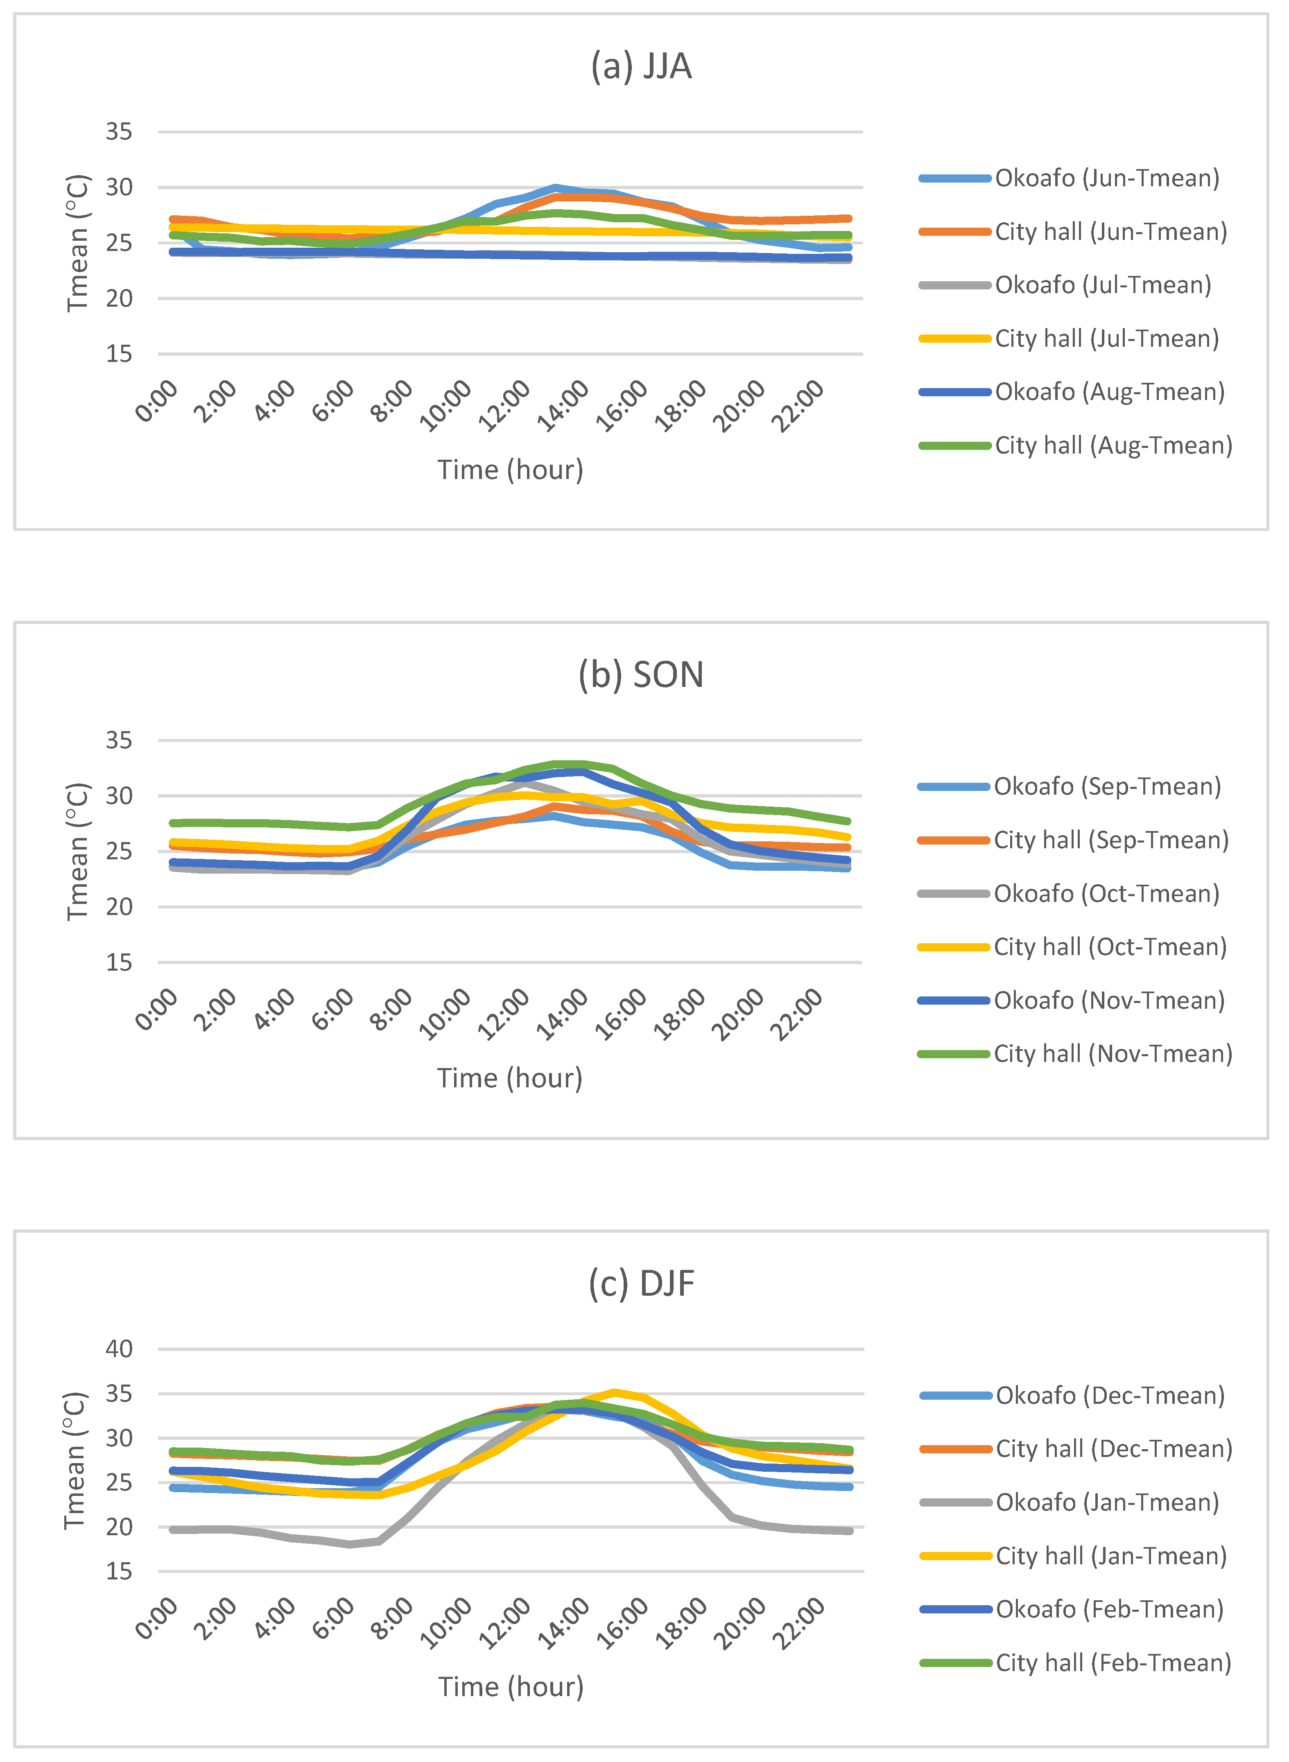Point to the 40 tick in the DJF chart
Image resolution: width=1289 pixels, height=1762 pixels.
point(120,1349)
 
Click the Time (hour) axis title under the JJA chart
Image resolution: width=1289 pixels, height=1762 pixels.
point(510,470)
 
